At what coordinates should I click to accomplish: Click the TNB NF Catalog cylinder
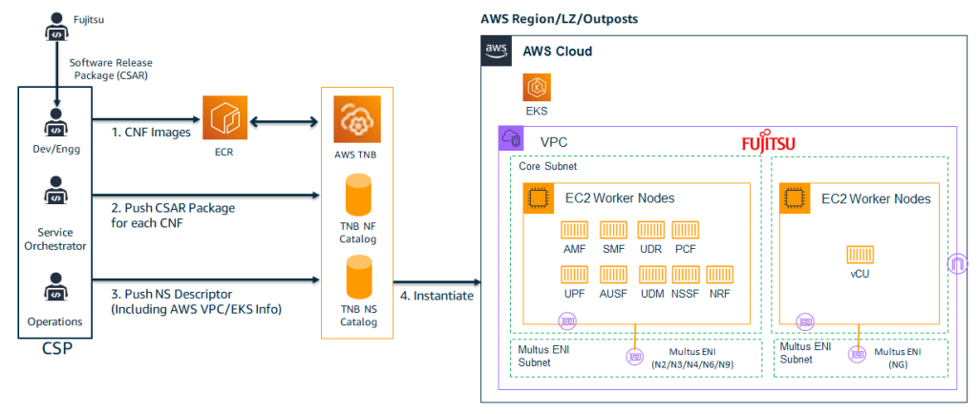357,197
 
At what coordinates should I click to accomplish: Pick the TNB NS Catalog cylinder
357,280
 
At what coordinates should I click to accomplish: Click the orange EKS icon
535,89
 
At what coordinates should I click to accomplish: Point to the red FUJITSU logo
769,143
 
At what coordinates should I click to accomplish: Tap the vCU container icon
860,254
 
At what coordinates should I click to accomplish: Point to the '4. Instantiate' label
436,296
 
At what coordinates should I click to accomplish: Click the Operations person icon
56,287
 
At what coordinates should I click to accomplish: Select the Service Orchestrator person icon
56,195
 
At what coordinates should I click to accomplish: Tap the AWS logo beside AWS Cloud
496,52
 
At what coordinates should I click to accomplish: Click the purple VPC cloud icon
508,140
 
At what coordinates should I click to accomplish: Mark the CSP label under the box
56,349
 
